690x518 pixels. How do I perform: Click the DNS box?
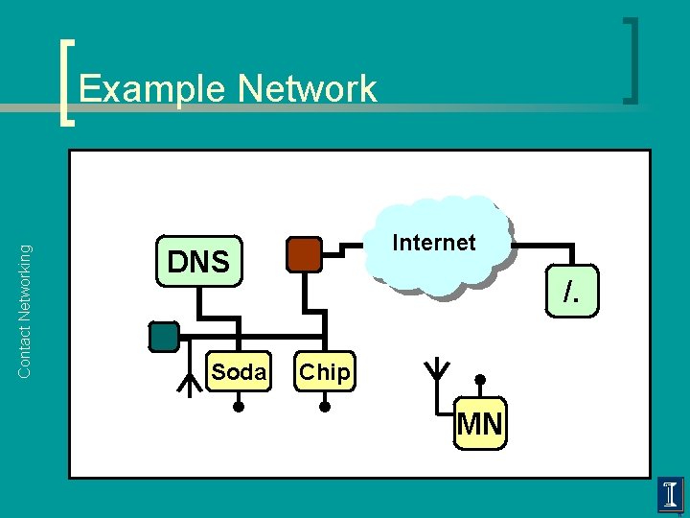pos(198,262)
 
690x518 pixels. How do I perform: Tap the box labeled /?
pos(572,294)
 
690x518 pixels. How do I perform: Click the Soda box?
pos(239,372)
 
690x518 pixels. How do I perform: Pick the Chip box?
pos(324,372)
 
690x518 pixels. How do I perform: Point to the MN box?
pos(480,424)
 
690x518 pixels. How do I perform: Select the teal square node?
pos(164,336)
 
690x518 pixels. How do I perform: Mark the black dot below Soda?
pos(239,408)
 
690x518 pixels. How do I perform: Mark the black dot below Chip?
pos(324,408)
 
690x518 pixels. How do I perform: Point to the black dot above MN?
pos(480,379)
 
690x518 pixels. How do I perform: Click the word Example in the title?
pos(152,89)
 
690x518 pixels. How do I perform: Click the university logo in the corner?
pos(670,496)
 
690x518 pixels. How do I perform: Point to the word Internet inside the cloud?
pos(434,243)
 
